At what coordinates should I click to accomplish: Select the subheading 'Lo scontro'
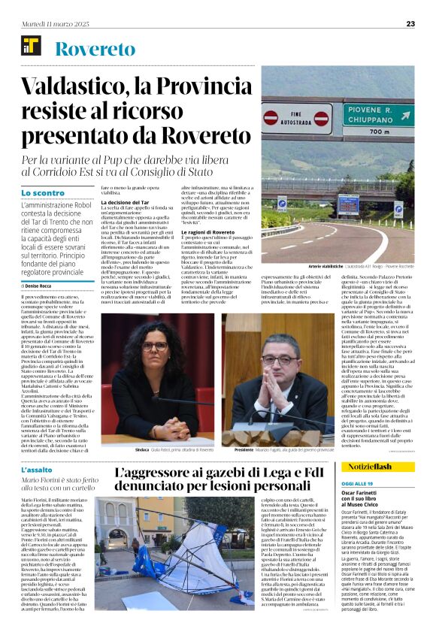click(43, 193)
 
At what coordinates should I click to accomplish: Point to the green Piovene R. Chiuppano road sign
click(377, 116)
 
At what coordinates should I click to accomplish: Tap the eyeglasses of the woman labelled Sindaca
click(153, 346)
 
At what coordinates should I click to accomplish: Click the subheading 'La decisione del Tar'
click(126, 203)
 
